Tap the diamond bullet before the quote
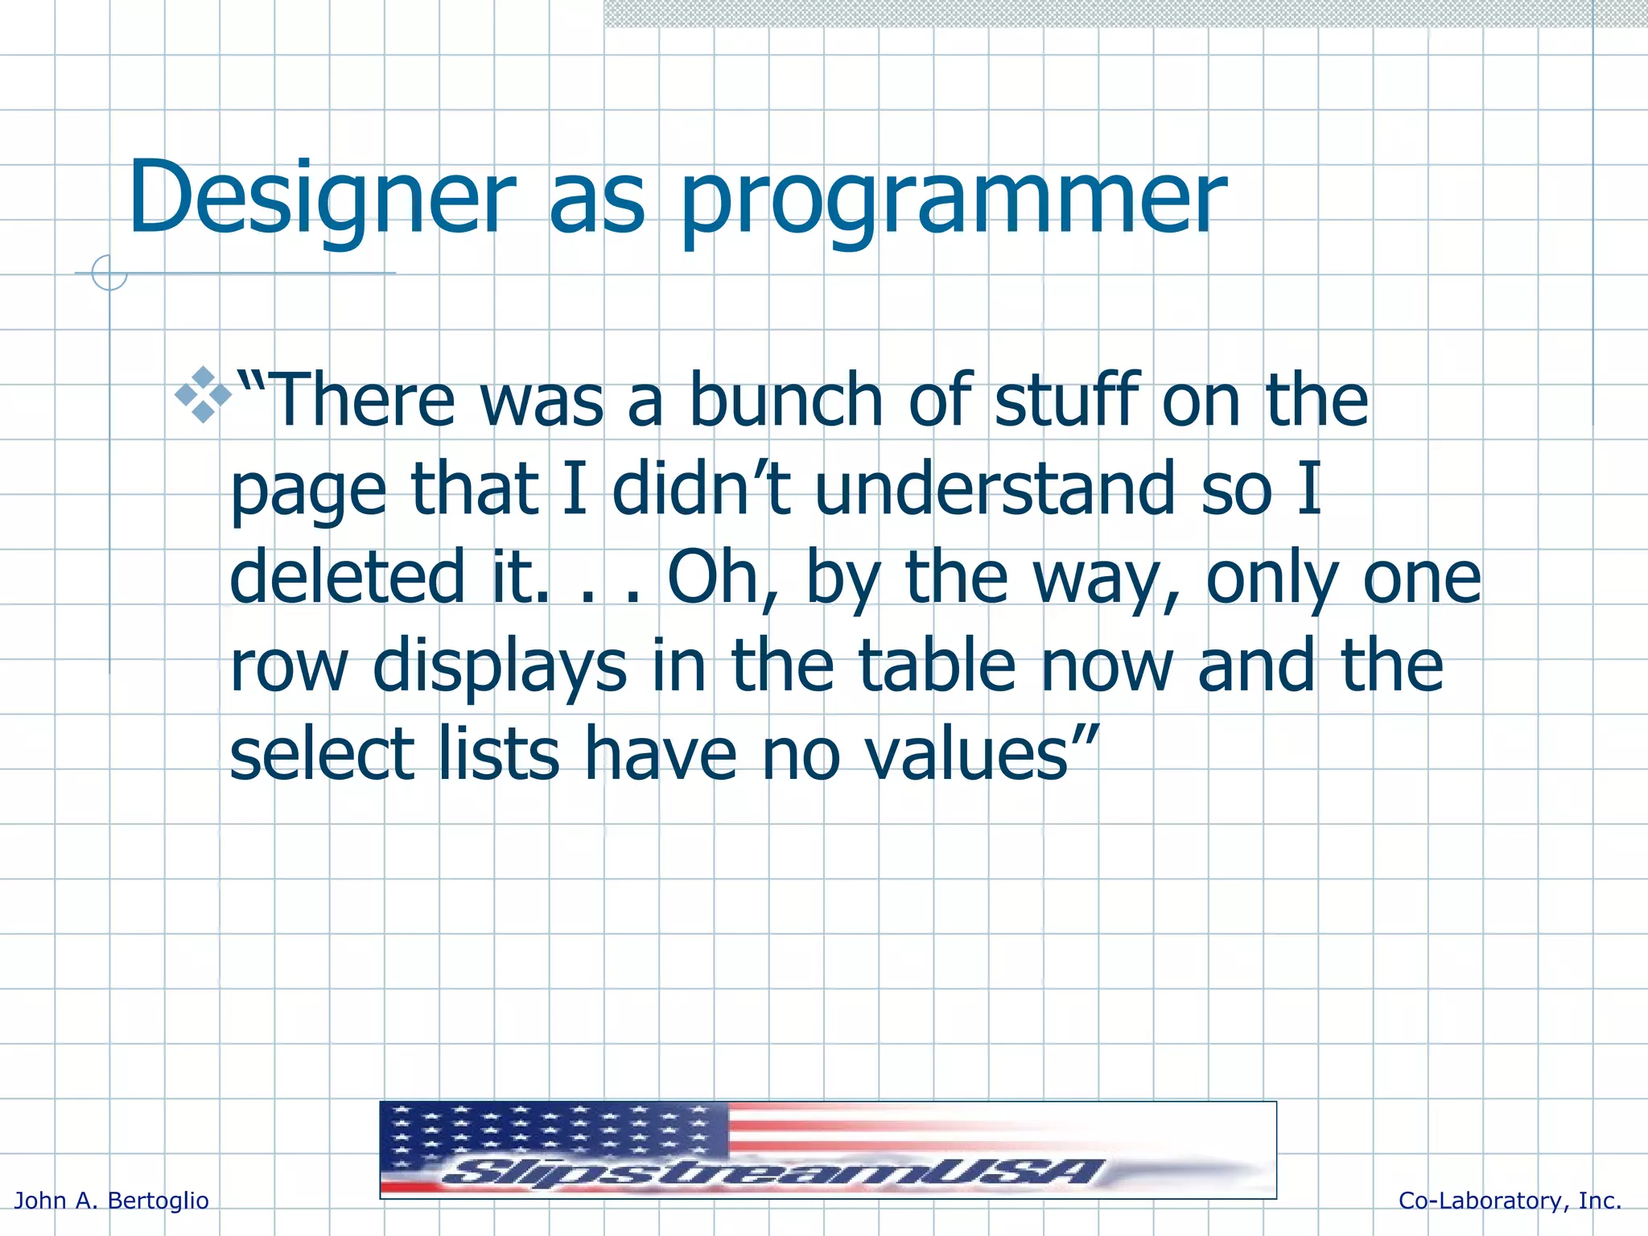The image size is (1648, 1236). [203, 395]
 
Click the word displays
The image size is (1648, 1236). [499, 668]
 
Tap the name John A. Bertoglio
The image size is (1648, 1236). [112, 1201]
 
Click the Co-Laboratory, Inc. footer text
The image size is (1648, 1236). [1510, 1201]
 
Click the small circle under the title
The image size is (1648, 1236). [109, 273]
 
